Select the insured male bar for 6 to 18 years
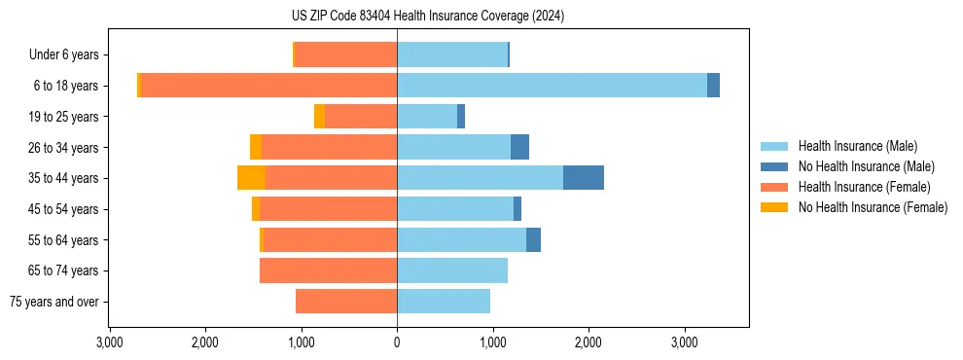tap(552, 86)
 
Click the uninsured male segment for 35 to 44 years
tap(584, 178)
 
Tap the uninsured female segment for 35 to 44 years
tap(252, 178)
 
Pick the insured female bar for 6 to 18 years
tap(268, 86)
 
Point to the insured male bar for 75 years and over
tap(444, 302)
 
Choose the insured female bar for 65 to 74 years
tap(328, 270)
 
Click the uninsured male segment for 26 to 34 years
tap(519, 147)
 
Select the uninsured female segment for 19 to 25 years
tap(319, 117)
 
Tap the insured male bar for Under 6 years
tap(452, 54)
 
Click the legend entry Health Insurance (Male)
tap(857, 146)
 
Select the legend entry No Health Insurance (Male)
tap(866, 166)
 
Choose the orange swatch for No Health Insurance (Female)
tap(775, 207)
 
